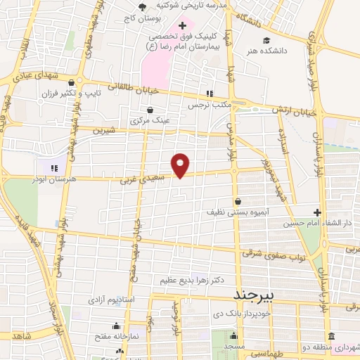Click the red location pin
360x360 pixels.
coord(181,165)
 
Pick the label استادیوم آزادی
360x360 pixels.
coord(109,299)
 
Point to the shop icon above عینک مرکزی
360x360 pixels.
coord(150,109)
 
